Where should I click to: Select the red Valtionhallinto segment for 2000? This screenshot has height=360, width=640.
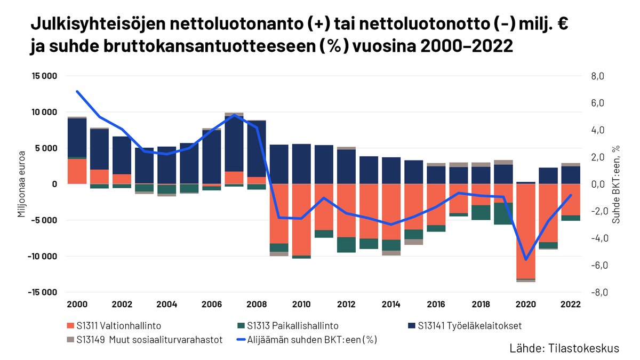pyautogui.click(x=77, y=171)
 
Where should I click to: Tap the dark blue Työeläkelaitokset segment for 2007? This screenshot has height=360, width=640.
pyautogui.click(x=234, y=144)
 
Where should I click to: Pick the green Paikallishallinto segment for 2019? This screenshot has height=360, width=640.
pyautogui.click(x=503, y=213)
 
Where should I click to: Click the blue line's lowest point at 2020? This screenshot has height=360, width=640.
pyautogui.click(x=526, y=260)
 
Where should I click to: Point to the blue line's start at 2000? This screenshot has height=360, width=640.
pyautogui.click(x=77, y=92)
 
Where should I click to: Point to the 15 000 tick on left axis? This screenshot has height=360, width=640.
pyautogui.click(x=44, y=76)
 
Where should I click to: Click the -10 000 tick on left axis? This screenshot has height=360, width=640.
pyautogui.click(x=43, y=256)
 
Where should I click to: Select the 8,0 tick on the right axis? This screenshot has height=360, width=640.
pyautogui.click(x=597, y=76)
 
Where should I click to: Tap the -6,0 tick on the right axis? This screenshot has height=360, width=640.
pyautogui.click(x=596, y=265)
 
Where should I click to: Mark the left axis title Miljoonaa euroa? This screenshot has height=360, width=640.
pyautogui.click(x=22, y=184)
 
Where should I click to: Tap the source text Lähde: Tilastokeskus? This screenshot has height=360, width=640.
pyautogui.click(x=564, y=348)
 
